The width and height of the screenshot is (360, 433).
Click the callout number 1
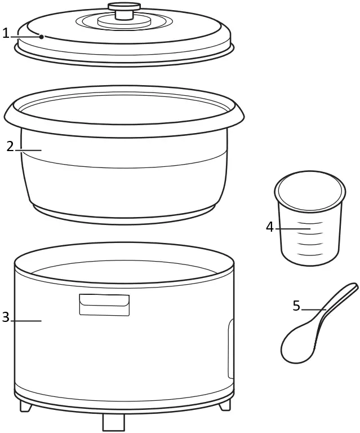[x=6, y=34]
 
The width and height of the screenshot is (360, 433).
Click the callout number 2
[x=10, y=147]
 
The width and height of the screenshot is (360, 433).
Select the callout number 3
[x=6, y=317]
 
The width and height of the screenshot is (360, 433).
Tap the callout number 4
[x=270, y=227]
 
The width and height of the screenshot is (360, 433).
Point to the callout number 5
[x=296, y=306]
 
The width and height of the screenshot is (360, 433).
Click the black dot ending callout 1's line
[x=41, y=37]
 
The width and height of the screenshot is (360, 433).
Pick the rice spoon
[x=315, y=327]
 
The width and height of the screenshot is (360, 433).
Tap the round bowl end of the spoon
[x=297, y=345]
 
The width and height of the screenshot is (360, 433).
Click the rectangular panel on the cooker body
[x=104, y=304]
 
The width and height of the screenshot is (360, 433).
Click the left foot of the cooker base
[x=26, y=405]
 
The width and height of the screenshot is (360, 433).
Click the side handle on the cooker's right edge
[x=231, y=348]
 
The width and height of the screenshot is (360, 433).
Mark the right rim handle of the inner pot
[x=238, y=116]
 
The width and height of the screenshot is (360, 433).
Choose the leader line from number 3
[x=26, y=321]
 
